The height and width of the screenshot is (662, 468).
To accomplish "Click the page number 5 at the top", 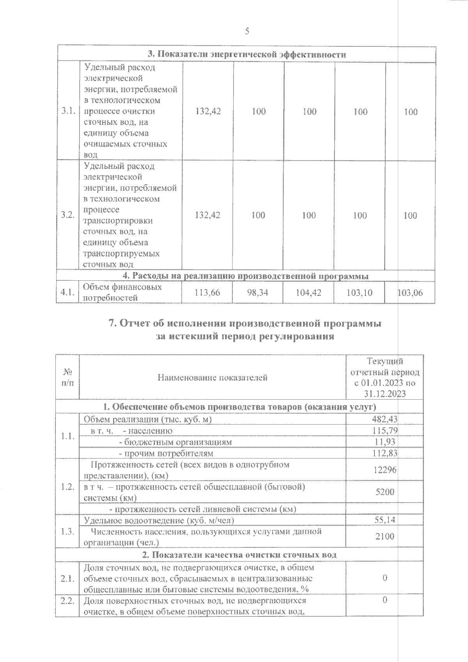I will click(x=247, y=32).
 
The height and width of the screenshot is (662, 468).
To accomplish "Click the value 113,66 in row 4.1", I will click(x=207, y=292).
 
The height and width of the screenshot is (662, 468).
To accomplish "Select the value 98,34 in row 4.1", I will click(x=258, y=292).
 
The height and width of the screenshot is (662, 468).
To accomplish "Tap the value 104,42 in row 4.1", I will click(x=308, y=292).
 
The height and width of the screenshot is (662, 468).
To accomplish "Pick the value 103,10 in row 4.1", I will click(x=359, y=292).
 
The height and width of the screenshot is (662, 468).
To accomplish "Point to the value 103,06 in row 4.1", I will click(x=410, y=292).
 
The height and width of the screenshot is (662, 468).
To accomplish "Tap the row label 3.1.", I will click(x=68, y=112).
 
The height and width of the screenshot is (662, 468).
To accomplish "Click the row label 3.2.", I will click(x=68, y=215).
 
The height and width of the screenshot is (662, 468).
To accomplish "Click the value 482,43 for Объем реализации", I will click(x=384, y=419).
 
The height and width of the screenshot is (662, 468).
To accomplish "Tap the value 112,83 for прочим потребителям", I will click(x=385, y=453).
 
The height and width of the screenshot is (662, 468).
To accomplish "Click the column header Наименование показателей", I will click(x=213, y=377).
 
